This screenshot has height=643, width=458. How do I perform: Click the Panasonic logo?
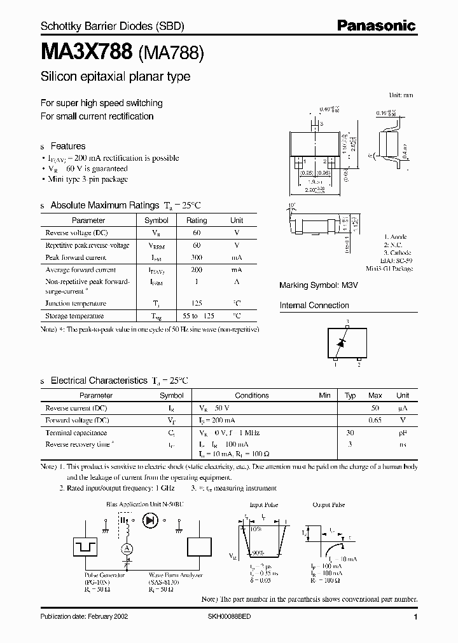376,26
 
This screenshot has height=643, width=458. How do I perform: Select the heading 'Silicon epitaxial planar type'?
115,77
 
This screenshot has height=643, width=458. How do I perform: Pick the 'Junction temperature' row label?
76,304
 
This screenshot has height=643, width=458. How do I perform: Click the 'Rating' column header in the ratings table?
196,220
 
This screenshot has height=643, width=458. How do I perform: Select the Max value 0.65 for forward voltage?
375,420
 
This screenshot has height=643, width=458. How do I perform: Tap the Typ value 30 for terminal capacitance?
349,432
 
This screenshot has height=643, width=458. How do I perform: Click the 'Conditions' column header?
252,395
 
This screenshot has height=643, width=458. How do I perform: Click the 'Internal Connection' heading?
314,305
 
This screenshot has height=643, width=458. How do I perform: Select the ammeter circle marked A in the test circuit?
127,548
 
